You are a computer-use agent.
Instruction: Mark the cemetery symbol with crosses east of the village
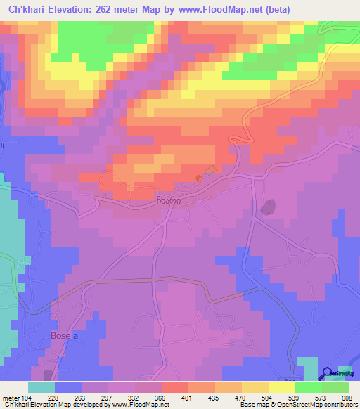[x=267, y=207]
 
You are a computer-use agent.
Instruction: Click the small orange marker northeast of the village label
[x=198, y=178]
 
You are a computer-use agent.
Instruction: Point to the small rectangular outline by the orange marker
[x=209, y=171]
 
